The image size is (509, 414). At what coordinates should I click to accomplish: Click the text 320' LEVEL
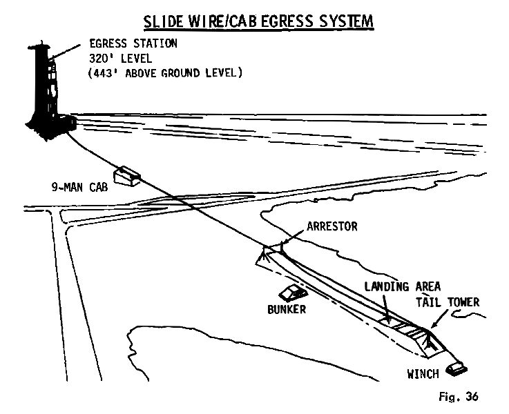click(118, 57)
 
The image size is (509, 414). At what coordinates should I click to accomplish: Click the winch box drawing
click(458, 369)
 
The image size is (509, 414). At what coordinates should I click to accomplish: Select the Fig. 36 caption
click(457, 397)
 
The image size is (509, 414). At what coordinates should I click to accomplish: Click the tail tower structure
click(427, 339)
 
